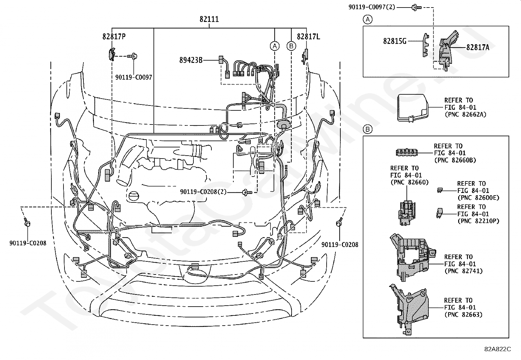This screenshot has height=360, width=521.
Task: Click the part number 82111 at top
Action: (x=209, y=19)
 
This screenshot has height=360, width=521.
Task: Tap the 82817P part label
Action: (x=114, y=37)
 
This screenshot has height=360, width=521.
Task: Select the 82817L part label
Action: (x=308, y=37)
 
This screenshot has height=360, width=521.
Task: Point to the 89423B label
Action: (x=191, y=60)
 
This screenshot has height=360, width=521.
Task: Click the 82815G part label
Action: (x=395, y=41)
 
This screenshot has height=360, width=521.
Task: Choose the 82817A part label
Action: (x=478, y=47)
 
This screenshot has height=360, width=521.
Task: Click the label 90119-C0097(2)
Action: (x=372, y=7)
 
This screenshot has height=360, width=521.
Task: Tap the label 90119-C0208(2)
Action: (x=203, y=192)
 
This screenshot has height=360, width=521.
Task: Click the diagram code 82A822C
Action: (x=497, y=349)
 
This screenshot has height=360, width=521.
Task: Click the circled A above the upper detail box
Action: (x=368, y=20)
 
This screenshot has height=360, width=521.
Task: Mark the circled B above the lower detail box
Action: (x=368, y=129)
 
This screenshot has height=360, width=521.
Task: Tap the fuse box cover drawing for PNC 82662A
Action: (x=413, y=108)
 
